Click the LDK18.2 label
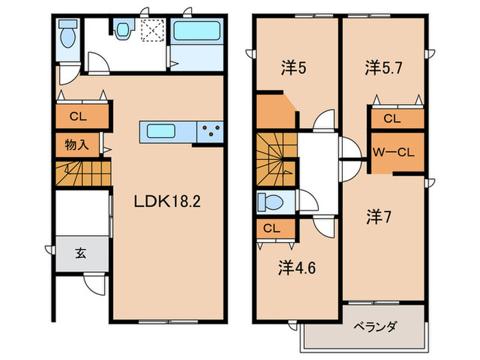pos(168,202)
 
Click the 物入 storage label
pos(77,145)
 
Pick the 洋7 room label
pos(378,217)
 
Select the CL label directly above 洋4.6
pos(271,228)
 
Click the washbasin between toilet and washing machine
pos(123,30)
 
